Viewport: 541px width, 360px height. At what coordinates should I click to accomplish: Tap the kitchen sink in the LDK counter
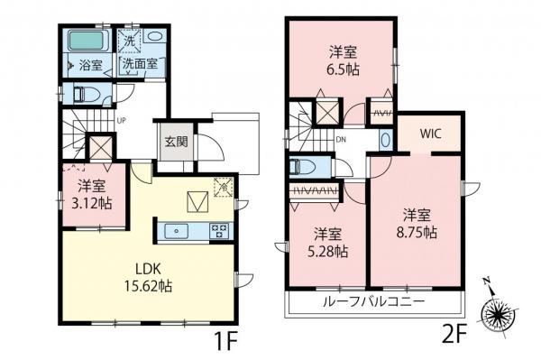coord(177,230)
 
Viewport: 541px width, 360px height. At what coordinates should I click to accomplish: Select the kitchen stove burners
coord(217,230)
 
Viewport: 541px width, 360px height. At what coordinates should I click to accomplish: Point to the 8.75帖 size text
coord(415,231)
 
